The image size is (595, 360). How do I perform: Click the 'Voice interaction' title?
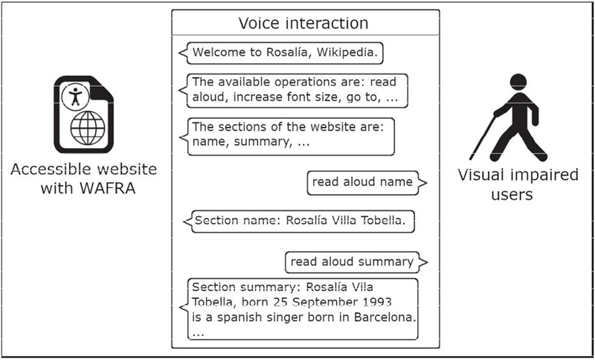click(x=303, y=23)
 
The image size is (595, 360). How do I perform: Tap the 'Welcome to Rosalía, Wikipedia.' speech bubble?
click(x=281, y=53)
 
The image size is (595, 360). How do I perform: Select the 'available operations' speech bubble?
click(x=293, y=91)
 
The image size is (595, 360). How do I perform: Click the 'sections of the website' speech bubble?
click(x=287, y=137)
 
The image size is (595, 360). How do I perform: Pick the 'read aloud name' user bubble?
click(x=367, y=183)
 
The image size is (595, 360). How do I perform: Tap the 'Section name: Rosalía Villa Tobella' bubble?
click(x=299, y=222)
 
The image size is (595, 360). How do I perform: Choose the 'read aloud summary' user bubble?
click(x=356, y=262)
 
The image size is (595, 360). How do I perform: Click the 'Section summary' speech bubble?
click(x=299, y=309)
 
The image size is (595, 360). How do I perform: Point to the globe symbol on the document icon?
click(x=88, y=128)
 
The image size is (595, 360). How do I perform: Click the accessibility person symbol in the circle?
click(x=76, y=97)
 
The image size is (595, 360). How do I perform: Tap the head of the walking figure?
click(x=518, y=82)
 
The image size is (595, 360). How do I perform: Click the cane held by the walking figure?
click(x=482, y=138)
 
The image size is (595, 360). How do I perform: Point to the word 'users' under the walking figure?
click(x=512, y=195)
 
